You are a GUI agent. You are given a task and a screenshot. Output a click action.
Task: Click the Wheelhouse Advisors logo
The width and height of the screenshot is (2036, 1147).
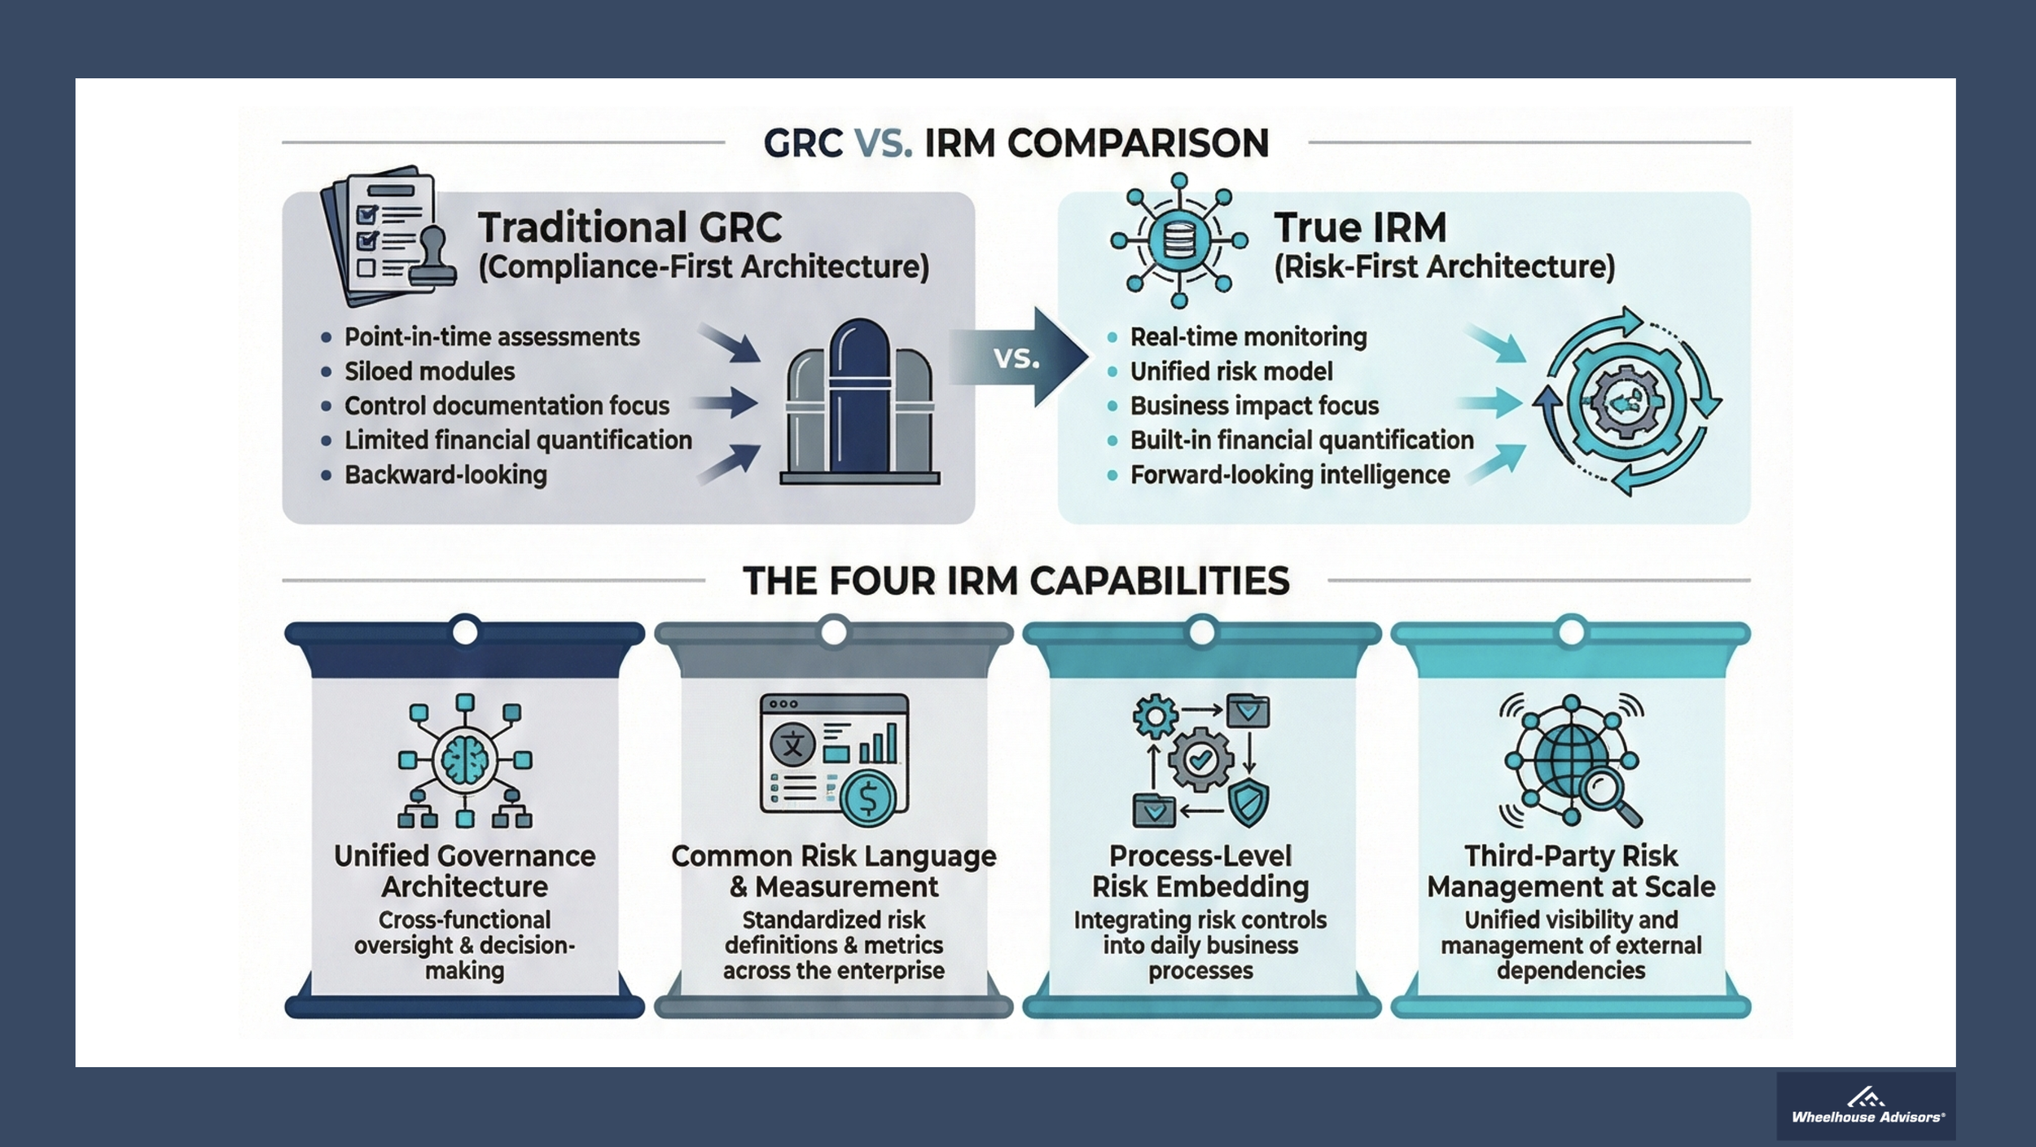tap(1867, 1107)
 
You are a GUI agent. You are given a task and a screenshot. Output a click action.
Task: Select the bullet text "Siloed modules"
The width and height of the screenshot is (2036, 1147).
tap(429, 371)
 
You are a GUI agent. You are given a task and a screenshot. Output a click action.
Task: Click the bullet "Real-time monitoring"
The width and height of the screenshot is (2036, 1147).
tap(1248, 337)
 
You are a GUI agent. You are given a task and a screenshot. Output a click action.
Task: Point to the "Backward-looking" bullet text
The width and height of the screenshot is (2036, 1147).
tap(445, 475)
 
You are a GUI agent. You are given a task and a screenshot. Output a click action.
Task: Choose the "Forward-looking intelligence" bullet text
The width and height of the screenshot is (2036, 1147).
tap(1289, 475)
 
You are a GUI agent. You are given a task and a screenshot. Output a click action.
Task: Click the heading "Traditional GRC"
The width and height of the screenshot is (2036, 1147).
tap(630, 227)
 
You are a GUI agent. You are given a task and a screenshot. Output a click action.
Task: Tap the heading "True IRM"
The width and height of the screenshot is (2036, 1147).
tap(1360, 227)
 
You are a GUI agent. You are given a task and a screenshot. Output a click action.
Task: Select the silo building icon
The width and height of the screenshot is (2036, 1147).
tap(859, 403)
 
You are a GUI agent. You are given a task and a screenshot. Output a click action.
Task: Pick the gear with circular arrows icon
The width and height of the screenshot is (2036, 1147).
tap(1626, 401)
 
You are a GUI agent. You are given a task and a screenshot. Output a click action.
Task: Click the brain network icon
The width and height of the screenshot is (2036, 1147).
tap(465, 761)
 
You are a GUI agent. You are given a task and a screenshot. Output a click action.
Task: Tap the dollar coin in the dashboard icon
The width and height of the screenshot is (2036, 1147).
tap(867, 798)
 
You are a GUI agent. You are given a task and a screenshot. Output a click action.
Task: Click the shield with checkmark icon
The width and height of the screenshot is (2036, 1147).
tap(1248, 803)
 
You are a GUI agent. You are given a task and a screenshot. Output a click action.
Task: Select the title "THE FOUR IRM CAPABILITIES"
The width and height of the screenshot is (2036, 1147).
tap(1016, 582)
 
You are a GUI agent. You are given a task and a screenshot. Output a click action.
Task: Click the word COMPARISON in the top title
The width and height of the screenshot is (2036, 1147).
tap(1138, 143)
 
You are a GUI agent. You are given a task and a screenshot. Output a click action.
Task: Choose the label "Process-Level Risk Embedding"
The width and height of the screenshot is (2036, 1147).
tap(1200, 871)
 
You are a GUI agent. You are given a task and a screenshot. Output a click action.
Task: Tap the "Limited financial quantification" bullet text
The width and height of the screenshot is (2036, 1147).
tap(518, 441)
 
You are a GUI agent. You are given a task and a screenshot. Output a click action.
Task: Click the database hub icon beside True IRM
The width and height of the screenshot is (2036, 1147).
tap(1178, 240)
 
